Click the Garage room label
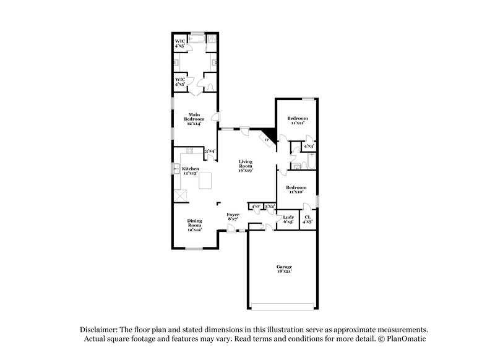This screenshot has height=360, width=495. (284, 268)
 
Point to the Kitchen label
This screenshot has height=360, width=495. (190, 171)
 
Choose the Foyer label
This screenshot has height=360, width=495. (233, 216)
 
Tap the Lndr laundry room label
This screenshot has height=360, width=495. (288, 219)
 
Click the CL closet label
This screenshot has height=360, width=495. (308, 219)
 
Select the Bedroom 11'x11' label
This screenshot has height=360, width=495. (298, 120)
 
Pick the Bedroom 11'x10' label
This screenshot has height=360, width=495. (296, 189)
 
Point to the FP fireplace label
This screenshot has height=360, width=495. (267, 141)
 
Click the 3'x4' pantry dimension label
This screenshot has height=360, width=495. (210, 151)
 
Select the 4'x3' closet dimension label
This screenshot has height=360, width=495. (309, 146)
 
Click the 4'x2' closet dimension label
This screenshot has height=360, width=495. (256, 206)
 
